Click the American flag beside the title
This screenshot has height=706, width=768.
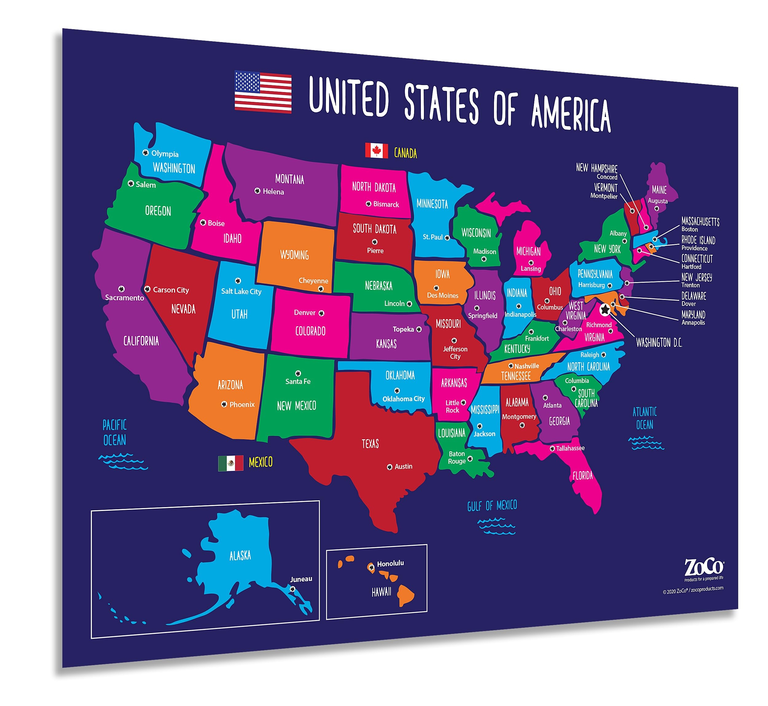point(263,92)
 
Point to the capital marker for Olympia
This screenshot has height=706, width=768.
point(145,153)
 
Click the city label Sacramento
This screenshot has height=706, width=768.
point(124,298)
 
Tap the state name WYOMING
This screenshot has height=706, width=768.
point(294,255)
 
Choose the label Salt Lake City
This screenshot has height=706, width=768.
point(241,292)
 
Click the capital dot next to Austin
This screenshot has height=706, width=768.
point(390,467)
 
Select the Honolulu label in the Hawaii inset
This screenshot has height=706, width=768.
point(390,564)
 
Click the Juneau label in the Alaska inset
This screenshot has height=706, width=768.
point(301,579)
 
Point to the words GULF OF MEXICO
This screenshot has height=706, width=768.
point(492,506)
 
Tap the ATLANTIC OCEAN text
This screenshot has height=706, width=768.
point(645,418)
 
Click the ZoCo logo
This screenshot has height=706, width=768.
point(703,567)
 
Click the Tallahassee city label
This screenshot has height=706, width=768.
point(570,448)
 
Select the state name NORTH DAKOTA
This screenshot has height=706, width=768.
point(374,187)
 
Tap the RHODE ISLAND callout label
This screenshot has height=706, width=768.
point(698,240)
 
